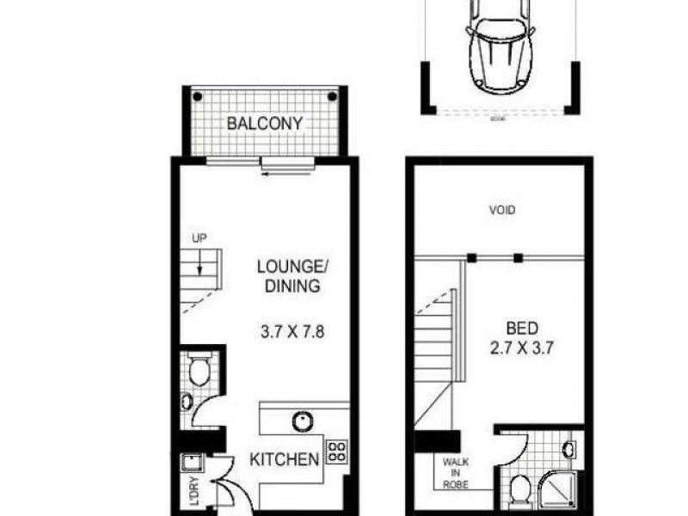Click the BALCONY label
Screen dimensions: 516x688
point(264,123)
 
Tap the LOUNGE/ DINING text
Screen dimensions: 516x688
point(288,276)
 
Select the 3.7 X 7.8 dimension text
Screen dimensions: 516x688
point(288,328)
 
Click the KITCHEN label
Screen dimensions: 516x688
point(284,459)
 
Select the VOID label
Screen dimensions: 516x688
point(501,209)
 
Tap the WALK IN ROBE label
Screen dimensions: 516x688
point(456,472)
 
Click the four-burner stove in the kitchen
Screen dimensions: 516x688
point(336,452)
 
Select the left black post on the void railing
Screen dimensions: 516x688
point(472,256)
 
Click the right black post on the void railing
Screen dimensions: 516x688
point(518,256)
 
